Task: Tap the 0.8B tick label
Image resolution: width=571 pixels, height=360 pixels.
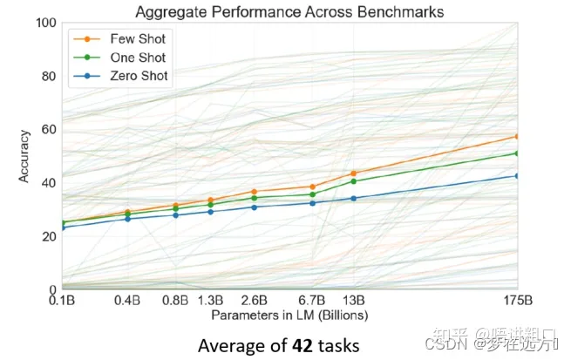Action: (175, 302)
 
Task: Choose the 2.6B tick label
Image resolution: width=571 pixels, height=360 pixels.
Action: (254, 302)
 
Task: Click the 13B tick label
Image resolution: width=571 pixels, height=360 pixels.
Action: (353, 302)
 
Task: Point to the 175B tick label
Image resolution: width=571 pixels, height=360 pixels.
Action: (517, 302)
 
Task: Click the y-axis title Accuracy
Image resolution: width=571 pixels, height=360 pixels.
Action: (24, 156)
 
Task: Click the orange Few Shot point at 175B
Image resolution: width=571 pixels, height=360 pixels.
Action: (517, 136)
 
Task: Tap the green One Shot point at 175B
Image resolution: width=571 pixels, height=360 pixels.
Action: (517, 153)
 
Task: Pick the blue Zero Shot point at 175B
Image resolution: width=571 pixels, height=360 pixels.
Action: (517, 175)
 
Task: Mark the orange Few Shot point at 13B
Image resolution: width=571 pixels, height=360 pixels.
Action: (353, 173)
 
